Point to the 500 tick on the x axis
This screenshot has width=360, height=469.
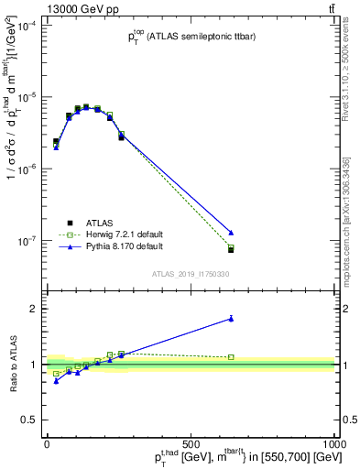[x=191, y=442]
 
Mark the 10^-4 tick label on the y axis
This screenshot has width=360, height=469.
[x=27, y=26]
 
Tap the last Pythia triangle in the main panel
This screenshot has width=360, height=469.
[x=231, y=233]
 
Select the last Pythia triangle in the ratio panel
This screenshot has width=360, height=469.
[x=231, y=319]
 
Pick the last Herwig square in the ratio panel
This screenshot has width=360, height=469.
[x=231, y=357]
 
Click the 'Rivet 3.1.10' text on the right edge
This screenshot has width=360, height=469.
[x=349, y=73]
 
